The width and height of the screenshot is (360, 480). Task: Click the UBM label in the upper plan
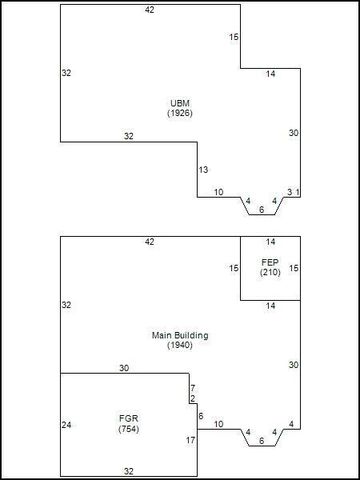coord(180,103)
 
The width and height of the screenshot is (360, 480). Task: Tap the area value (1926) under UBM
coord(180,113)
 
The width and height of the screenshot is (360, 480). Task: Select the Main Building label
coord(180,335)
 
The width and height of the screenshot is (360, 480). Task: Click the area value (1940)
coord(180,345)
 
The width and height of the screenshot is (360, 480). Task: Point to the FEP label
coord(269,261)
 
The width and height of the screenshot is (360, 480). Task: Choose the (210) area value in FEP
coord(269,271)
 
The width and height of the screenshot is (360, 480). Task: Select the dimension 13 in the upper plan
coord(203,170)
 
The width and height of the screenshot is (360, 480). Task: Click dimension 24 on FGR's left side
coord(67,425)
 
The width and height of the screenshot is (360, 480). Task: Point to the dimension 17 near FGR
coord(190,440)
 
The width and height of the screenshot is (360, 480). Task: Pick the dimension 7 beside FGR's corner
coord(192,388)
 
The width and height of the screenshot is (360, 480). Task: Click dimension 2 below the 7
coord(192,399)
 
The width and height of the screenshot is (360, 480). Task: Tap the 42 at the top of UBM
coord(150,10)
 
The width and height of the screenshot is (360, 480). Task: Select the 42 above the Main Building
coord(150,242)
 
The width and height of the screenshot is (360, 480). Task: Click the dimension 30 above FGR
coord(124,368)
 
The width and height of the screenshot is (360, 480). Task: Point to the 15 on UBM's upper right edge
coord(234,37)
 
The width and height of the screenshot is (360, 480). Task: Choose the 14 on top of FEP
coord(270,242)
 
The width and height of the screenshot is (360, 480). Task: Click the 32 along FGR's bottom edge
coord(128,470)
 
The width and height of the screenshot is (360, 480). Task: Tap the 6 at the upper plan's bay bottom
coord(262,209)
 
